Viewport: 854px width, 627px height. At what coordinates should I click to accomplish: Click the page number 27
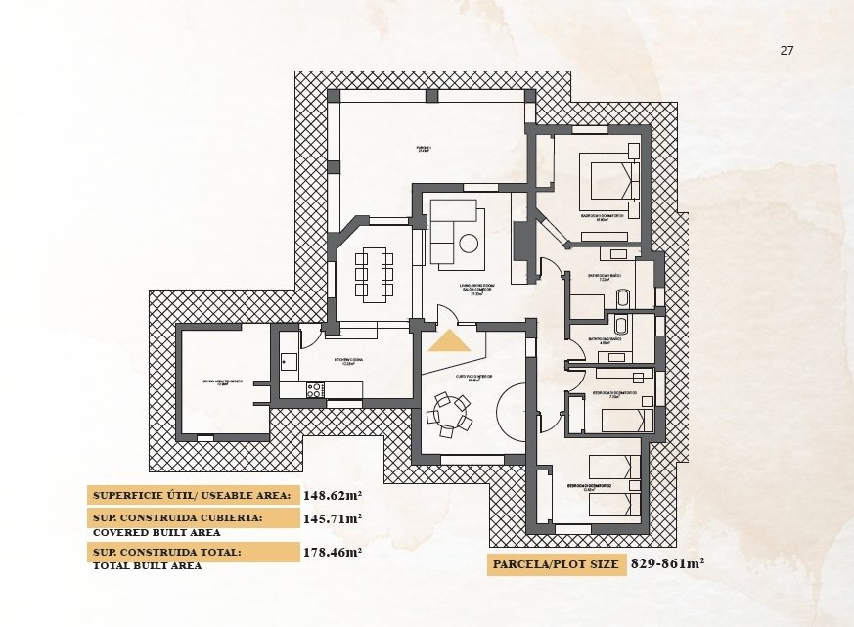pos(787,51)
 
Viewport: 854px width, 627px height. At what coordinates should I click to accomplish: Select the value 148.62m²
pos(333,495)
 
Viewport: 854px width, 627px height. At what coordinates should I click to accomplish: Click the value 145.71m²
pos(333,518)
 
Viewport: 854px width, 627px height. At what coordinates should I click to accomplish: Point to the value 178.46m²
pos(333,552)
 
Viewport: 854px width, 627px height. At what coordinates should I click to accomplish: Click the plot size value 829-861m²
pos(667,564)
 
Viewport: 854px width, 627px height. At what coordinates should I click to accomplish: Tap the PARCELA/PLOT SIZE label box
pos(556,565)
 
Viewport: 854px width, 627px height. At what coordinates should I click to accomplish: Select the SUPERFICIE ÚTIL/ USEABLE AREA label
pos(193,495)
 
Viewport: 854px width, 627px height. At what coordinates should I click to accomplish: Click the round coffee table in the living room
pos(469,244)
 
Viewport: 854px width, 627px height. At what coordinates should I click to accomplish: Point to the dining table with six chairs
pos(374,275)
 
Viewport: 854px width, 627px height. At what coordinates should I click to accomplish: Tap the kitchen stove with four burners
pos(315,389)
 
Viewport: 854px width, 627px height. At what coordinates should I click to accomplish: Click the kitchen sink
pos(289,361)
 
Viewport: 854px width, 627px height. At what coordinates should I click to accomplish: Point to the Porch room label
pos(424,150)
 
